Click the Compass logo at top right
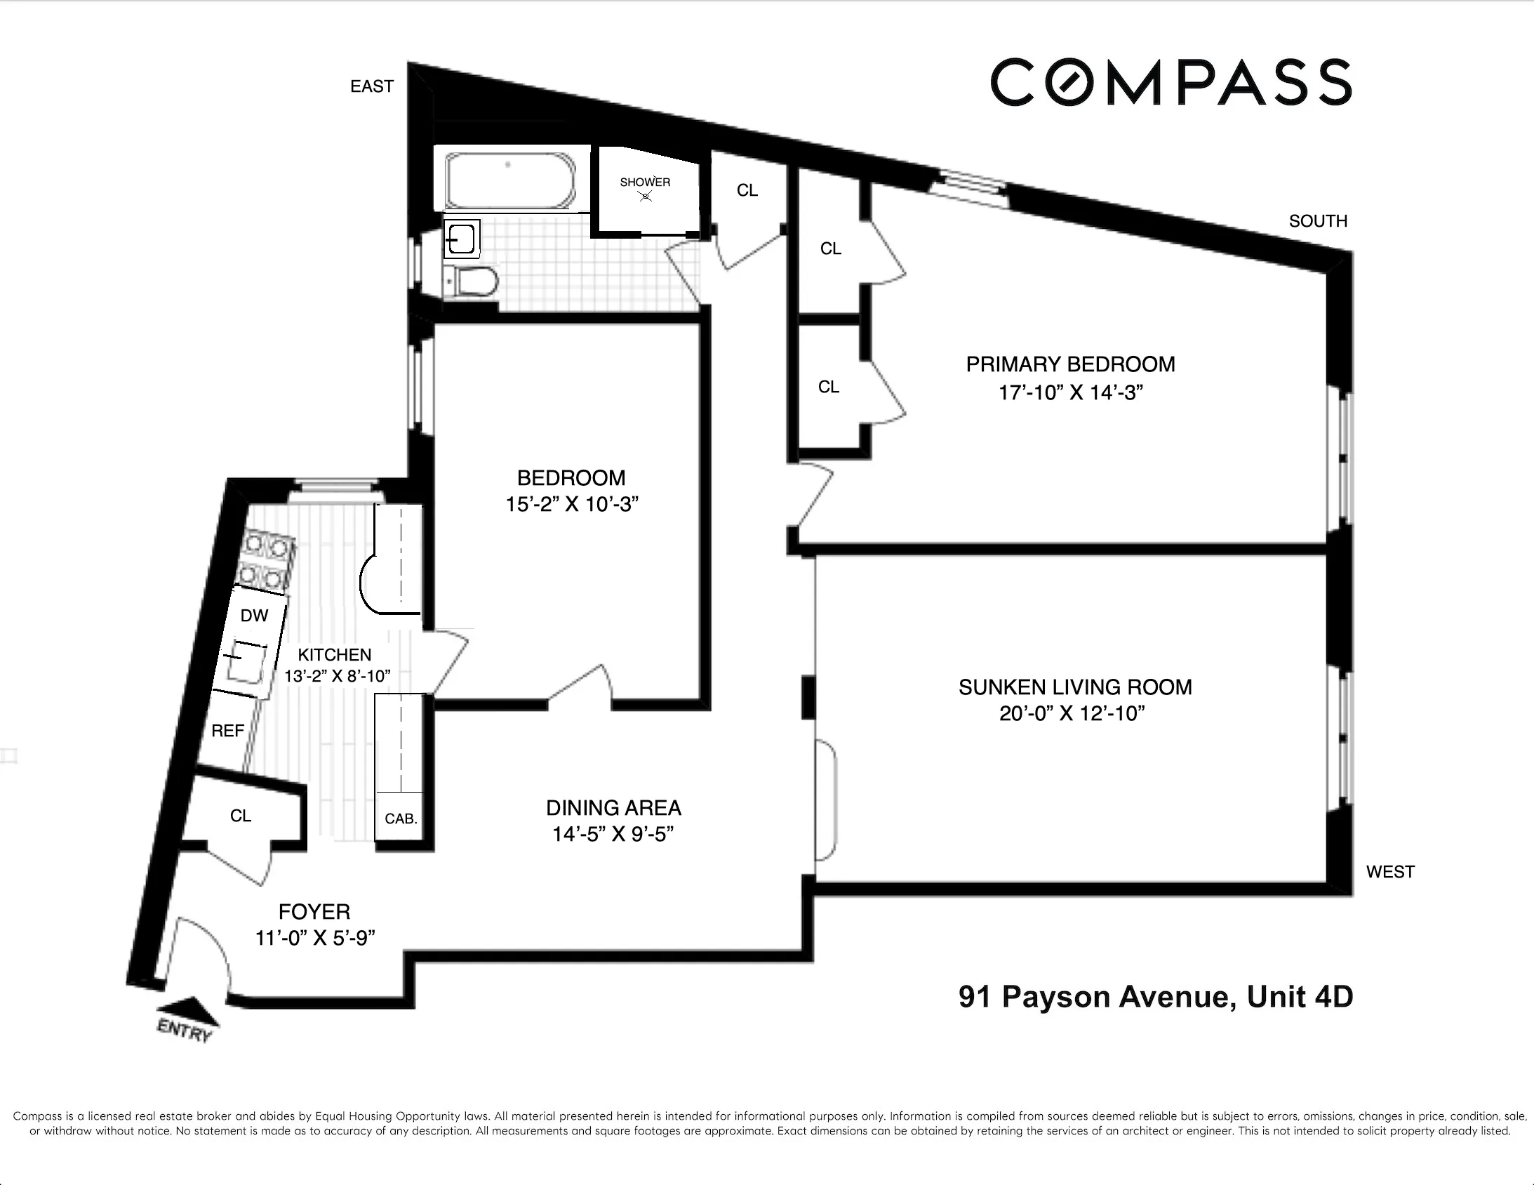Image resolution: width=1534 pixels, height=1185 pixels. point(1171,82)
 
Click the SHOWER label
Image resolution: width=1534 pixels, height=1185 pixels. point(645,182)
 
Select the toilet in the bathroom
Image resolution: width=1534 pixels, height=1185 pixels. point(475,282)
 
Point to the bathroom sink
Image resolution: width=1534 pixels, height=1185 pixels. point(462,239)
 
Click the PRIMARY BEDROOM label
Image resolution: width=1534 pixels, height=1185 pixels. point(1069,364)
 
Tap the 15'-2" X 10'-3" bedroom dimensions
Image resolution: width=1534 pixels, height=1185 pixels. point(571,504)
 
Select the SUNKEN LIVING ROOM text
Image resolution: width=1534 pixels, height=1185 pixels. point(1074,687)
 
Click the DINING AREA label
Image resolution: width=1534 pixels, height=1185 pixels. point(613,807)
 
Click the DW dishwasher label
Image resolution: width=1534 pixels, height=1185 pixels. point(253,616)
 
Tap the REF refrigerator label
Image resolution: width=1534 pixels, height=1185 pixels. point(227,731)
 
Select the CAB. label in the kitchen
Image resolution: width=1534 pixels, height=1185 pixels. point(401,819)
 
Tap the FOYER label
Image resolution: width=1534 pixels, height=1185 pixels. point(314,912)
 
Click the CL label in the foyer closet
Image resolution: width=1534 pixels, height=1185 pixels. point(240,815)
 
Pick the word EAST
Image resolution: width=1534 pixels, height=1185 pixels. point(371,86)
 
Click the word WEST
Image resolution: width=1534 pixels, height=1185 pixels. point(1389,871)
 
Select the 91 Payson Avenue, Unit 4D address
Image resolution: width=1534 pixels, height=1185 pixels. point(1156,997)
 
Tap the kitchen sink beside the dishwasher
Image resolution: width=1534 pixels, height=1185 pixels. point(245,665)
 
